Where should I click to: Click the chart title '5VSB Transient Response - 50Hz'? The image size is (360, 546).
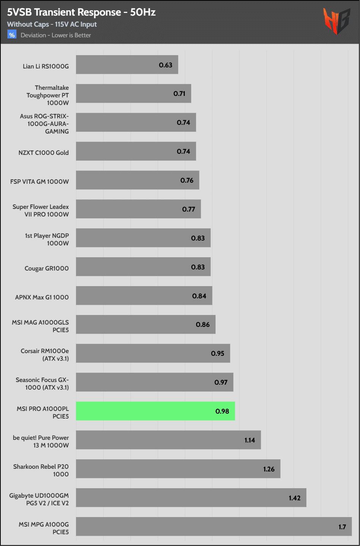(81, 12)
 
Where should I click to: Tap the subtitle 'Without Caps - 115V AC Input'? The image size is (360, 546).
(52, 24)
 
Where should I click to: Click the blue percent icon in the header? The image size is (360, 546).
(12, 35)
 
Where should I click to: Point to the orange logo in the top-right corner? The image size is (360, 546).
(336, 21)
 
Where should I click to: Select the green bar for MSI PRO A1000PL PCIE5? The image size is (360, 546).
(155, 411)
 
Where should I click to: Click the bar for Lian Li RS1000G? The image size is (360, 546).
(127, 65)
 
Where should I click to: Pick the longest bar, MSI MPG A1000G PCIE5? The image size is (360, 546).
(214, 527)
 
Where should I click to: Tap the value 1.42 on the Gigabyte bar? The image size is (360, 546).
(295, 498)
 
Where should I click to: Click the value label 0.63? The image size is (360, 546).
(166, 65)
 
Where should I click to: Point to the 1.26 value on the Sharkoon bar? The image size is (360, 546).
(269, 469)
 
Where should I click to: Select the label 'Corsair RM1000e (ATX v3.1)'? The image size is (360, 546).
(45, 355)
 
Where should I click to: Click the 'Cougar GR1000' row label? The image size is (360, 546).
(47, 268)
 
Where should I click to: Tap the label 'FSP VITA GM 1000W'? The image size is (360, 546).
(40, 181)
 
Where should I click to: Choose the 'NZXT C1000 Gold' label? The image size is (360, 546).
(44, 153)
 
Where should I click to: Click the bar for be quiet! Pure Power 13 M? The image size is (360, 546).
(168, 440)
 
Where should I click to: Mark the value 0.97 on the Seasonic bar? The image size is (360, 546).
(221, 382)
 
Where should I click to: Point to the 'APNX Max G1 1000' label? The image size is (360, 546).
(42, 297)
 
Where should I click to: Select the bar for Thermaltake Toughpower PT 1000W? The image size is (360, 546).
(133, 94)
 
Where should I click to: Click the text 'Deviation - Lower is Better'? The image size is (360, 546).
(56, 35)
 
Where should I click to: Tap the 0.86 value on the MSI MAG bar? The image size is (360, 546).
(203, 325)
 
